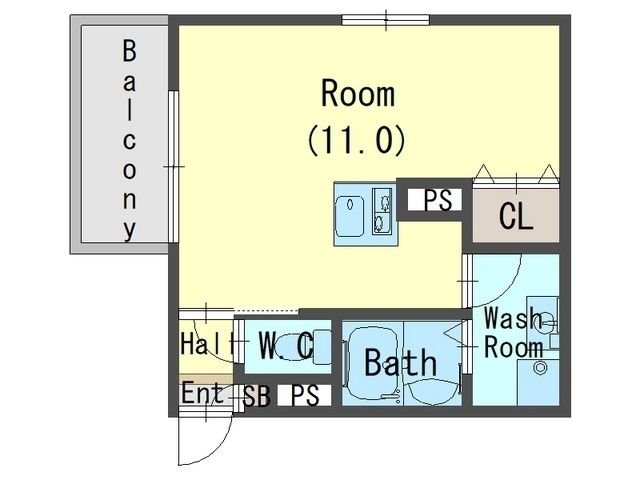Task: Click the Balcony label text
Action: [x=129, y=140]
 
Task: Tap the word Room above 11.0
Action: [x=358, y=94]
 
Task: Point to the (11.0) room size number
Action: [x=356, y=140]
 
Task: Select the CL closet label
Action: [x=516, y=216]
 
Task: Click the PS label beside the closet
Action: [x=438, y=200]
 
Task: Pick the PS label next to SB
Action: [x=304, y=395]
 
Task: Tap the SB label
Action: [x=257, y=396]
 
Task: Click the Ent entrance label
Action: [x=202, y=393]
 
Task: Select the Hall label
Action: [x=207, y=344]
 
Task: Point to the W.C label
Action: [x=287, y=346]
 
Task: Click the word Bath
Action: [x=400, y=362]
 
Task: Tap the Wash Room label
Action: [x=513, y=333]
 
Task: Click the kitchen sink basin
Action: [x=350, y=216]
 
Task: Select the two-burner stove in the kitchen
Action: [x=382, y=211]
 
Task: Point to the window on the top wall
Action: [x=386, y=20]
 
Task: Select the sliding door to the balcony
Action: [x=173, y=167]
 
